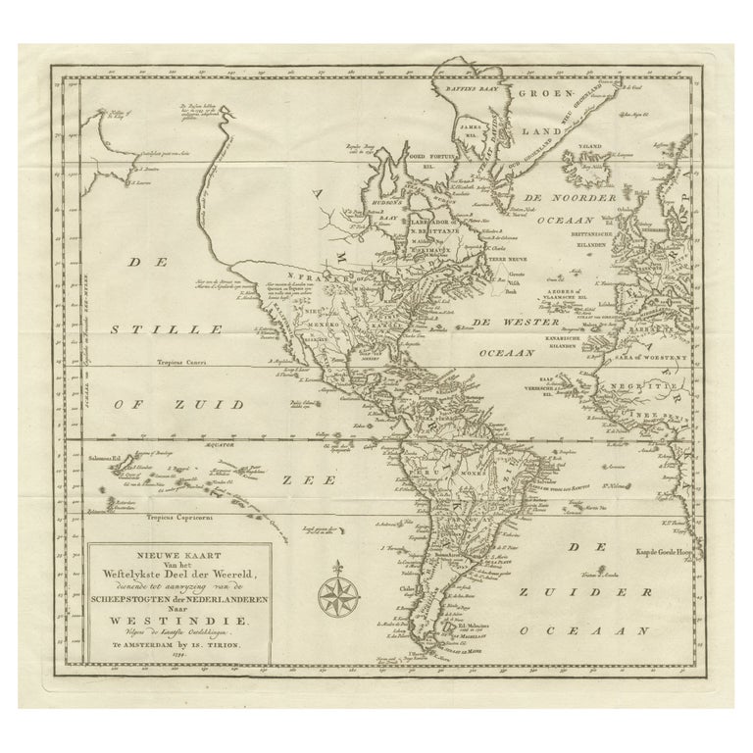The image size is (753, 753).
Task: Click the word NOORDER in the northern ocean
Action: (588, 198)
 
